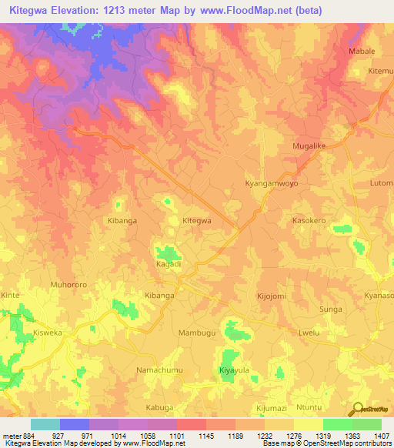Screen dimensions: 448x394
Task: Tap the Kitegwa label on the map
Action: click(x=196, y=221)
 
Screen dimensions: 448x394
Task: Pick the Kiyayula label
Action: click(x=234, y=370)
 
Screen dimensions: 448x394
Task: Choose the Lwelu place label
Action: click(x=308, y=333)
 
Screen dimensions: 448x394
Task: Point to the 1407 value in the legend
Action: click(x=380, y=436)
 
